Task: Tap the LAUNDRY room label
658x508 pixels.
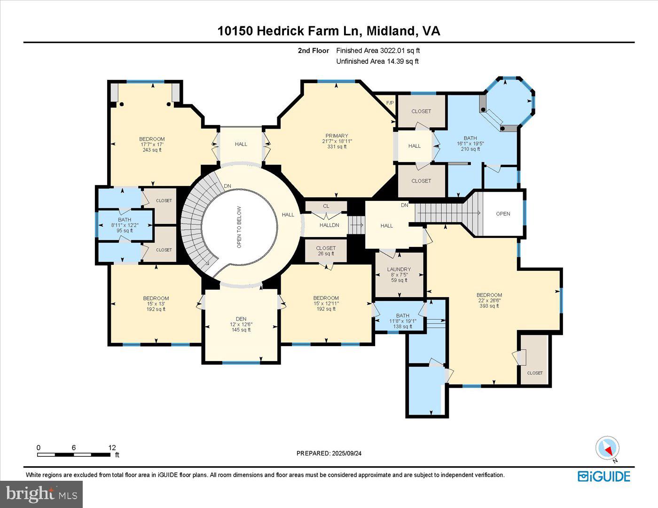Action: [399, 269]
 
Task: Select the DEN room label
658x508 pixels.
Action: [241, 319]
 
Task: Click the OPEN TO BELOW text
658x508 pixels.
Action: [239, 227]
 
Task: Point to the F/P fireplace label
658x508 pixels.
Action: [390, 103]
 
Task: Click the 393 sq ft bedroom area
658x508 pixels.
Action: [489, 306]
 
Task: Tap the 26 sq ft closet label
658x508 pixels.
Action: [326, 254]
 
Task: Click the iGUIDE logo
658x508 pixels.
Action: [604, 476]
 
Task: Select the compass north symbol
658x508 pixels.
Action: [607, 448]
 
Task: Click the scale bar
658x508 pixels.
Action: [74, 454]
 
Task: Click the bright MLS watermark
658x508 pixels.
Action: [41, 494]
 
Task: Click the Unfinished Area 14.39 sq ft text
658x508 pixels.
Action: [377, 61]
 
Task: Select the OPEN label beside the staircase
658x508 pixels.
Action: [503, 214]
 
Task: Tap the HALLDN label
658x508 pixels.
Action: [329, 225]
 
